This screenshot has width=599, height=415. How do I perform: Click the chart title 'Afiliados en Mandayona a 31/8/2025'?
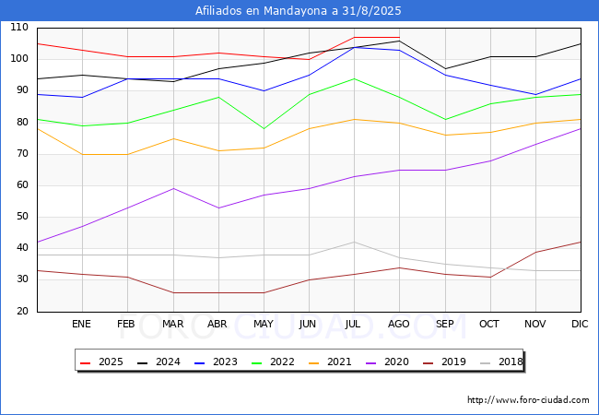[299, 11]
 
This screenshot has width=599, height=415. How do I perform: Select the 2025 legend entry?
[101, 362]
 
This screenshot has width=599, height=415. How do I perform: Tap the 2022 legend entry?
[273, 362]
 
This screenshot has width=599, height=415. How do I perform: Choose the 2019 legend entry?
[445, 362]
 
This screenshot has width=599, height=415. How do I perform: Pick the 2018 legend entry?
[501, 362]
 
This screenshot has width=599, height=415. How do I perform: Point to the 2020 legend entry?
[387, 362]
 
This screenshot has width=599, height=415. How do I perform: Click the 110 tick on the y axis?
[19, 27]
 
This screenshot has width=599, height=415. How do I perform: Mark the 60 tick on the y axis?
[22, 185]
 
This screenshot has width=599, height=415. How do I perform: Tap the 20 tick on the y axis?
[22, 311]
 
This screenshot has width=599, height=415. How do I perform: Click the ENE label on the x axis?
[81, 324]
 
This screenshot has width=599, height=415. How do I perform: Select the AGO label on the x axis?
[399, 324]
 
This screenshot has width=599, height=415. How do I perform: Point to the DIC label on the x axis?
[580, 324]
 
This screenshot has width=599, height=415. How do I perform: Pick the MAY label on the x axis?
[264, 324]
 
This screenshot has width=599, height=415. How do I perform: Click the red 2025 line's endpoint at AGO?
[400, 38]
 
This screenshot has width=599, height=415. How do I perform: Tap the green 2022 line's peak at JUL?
[354, 78]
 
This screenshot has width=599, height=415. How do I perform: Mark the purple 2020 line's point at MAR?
[173, 188]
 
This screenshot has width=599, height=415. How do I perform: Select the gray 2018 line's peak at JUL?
[354, 242]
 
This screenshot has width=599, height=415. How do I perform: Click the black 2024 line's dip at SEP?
[445, 69]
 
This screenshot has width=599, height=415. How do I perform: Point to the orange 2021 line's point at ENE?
[83, 154]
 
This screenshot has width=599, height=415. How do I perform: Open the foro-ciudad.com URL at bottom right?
[528, 400]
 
